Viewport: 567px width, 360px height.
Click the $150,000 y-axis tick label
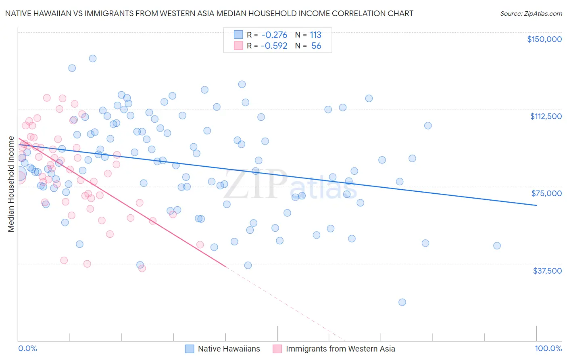544,39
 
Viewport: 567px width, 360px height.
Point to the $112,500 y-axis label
546,116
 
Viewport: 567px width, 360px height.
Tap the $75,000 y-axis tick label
546,193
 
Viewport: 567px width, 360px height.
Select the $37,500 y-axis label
547,271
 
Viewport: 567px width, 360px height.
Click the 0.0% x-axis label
27,349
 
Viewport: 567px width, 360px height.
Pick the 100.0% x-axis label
548,349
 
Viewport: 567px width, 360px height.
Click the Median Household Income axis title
11,184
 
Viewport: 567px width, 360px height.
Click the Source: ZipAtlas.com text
531,14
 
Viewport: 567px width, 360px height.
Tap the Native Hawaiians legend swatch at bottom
190,349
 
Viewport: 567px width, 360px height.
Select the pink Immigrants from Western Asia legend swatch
277,349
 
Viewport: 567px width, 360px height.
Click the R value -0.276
274,35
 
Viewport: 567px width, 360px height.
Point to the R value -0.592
274,46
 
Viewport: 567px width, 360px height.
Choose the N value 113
315,35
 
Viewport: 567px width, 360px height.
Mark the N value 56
316,46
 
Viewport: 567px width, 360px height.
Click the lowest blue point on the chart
402,302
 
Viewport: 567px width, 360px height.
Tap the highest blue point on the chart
93,59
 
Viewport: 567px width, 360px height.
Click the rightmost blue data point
497,246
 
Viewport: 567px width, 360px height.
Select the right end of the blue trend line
536,205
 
